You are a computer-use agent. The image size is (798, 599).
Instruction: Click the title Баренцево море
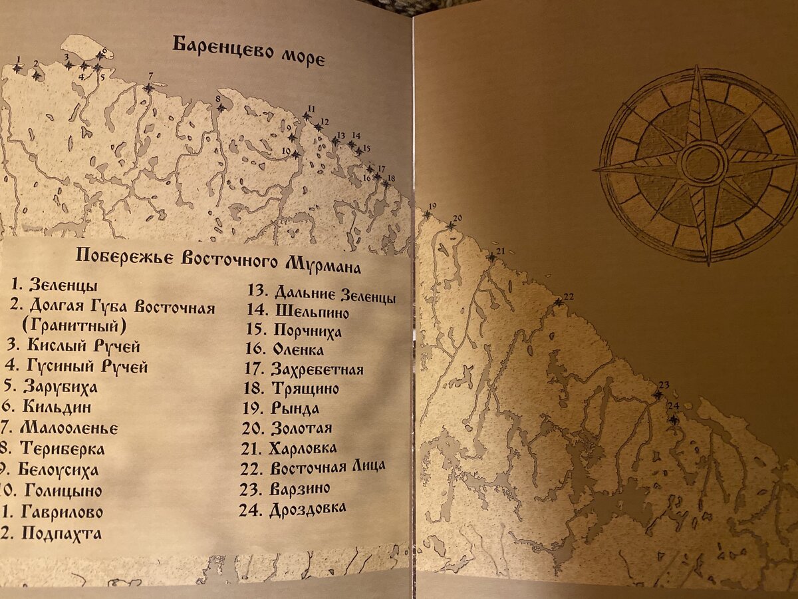click(x=249, y=51)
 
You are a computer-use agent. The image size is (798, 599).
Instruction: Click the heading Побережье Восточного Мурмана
click(x=218, y=259)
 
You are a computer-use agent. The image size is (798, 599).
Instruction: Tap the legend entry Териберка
click(x=62, y=448)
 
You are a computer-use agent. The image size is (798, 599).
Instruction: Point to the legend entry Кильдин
click(x=57, y=407)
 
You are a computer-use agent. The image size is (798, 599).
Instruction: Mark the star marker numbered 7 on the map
click(x=148, y=88)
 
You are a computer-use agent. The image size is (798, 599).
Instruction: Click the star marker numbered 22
click(x=559, y=303)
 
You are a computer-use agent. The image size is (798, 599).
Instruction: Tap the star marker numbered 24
click(x=674, y=420)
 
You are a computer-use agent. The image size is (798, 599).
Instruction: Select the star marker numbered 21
click(x=491, y=258)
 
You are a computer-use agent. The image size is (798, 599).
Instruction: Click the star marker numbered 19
click(x=427, y=215)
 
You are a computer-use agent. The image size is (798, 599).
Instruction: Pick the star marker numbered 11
click(x=306, y=116)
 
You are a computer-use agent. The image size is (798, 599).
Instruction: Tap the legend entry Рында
click(x=295, y=408)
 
